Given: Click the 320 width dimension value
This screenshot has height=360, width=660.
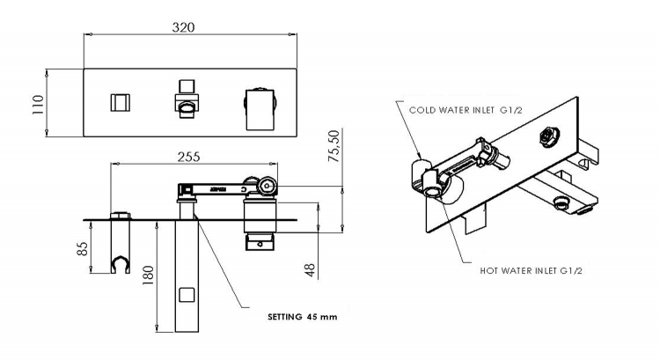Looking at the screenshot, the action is [184, 27].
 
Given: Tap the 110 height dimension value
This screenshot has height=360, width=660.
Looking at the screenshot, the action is [38, 105].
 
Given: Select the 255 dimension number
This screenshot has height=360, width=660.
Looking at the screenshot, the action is [188, 157].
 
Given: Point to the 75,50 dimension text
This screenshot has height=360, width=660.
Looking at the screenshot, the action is [334, 146].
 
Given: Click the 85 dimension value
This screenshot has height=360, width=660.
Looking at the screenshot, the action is [83, 248].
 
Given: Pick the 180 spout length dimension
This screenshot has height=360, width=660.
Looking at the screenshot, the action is [148, 276].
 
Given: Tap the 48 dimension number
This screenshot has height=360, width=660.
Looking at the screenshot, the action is [310, 270].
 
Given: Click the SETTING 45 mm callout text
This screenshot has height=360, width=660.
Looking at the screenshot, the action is [302, 317].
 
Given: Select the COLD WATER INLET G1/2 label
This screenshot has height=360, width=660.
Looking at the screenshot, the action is [466, 110].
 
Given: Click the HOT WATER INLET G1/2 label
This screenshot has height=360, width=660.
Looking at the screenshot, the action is [531, 271].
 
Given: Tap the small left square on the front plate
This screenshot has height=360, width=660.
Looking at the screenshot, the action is [121, 103].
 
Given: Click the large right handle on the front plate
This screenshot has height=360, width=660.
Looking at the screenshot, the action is [260, 109].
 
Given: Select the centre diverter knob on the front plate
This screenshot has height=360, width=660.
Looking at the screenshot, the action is [187, 99].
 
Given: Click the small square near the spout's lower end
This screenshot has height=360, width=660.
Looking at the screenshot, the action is [187, 295].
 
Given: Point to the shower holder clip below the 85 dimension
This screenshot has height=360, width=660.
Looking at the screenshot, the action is [121, 264].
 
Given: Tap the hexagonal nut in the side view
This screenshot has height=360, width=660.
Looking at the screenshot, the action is [268, 185].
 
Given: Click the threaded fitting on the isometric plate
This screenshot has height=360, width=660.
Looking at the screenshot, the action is [549, 136].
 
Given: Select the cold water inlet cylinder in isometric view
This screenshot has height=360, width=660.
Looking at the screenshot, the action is [422, 173].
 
